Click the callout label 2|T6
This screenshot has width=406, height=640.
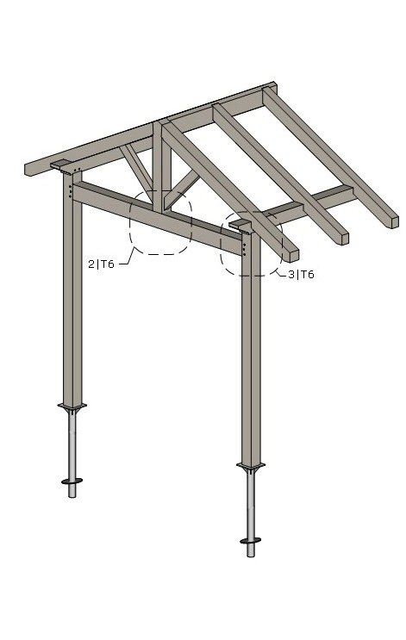(x=101, y=265)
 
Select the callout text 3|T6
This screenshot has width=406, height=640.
(x=301, y=275)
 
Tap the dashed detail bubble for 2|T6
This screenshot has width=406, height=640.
(x=160, y=222)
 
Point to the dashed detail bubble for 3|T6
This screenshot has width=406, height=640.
(x=251, y=244)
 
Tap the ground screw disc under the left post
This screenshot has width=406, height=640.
(x=72, y=481)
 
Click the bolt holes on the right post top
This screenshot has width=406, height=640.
(x=245, y=250)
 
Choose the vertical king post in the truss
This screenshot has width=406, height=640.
(x=158, y=159)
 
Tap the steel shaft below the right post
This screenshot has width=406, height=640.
(x=250, y=508)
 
